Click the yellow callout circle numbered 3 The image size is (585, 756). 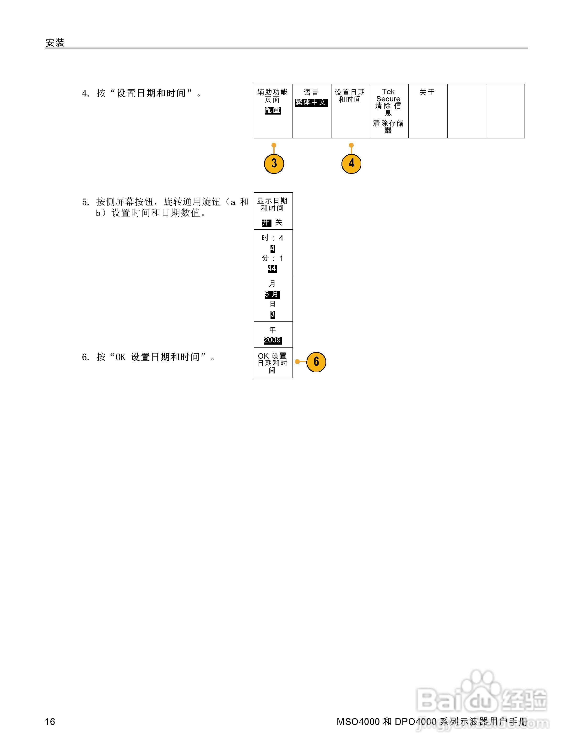point(274,163)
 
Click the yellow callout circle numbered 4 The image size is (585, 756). point(351,163)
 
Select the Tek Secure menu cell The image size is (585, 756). point(389,111)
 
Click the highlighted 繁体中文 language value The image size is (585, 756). point(311,102)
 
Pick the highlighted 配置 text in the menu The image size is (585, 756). point(273,110)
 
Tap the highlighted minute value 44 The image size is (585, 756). point(272,269)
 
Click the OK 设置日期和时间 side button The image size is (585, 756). point(273,363)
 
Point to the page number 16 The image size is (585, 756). point(50,722)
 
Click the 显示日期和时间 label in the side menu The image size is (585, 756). point(272,205)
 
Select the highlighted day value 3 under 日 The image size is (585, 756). point(273,315)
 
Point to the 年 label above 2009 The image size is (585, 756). point(273,330)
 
